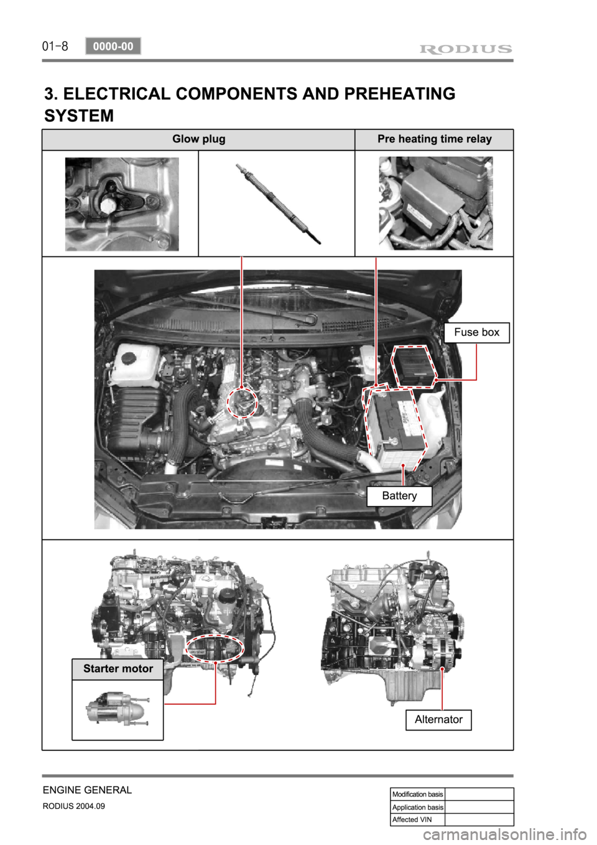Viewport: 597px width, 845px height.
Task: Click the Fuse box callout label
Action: pos(476,332)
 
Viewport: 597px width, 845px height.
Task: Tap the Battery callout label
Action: pos(399,496)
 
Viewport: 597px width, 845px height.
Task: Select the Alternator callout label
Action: pos(438,719)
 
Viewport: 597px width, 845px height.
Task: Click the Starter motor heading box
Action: pos(118,669)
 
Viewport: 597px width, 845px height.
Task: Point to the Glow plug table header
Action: pos(198,139)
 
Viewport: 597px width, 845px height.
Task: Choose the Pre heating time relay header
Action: pos(434,139)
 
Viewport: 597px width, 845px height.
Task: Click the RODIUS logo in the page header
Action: pos(466,49)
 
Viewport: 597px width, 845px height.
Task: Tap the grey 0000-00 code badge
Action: pos(113,46)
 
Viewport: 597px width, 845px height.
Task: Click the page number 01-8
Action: pos(55,47)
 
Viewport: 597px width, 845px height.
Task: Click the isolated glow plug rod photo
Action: pos(278,203)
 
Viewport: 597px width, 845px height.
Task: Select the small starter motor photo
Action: pos(118,709)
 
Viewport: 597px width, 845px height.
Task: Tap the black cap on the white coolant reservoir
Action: pos(128,357)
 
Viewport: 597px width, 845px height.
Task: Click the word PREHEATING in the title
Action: pos(399,93)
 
